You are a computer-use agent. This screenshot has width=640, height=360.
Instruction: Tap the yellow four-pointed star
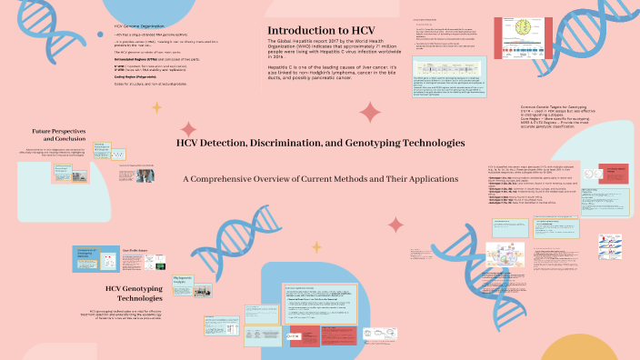[x=156, y=106]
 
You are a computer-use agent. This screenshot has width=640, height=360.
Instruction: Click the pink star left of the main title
[x=188, y=129]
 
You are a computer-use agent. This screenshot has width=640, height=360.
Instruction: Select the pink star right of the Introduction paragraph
[x=370, y=113]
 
